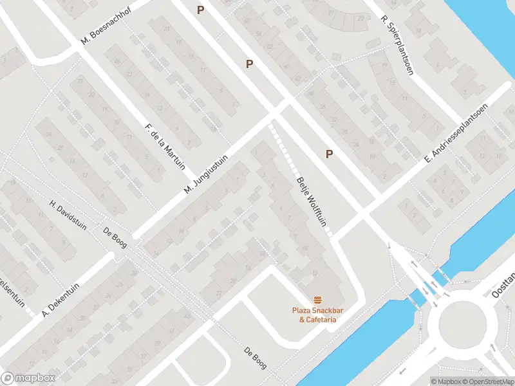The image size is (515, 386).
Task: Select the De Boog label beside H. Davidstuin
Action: click(117, 236)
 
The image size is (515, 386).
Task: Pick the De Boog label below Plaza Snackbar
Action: click(256, 358)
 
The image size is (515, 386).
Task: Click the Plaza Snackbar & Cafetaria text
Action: click(317, 315)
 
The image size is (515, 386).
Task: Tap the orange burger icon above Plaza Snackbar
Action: click(317, 300)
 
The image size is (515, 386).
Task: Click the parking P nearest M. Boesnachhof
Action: click(201, 10)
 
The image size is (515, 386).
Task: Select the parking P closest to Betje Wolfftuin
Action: click(330, 154)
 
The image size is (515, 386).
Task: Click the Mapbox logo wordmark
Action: click(28, 378)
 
